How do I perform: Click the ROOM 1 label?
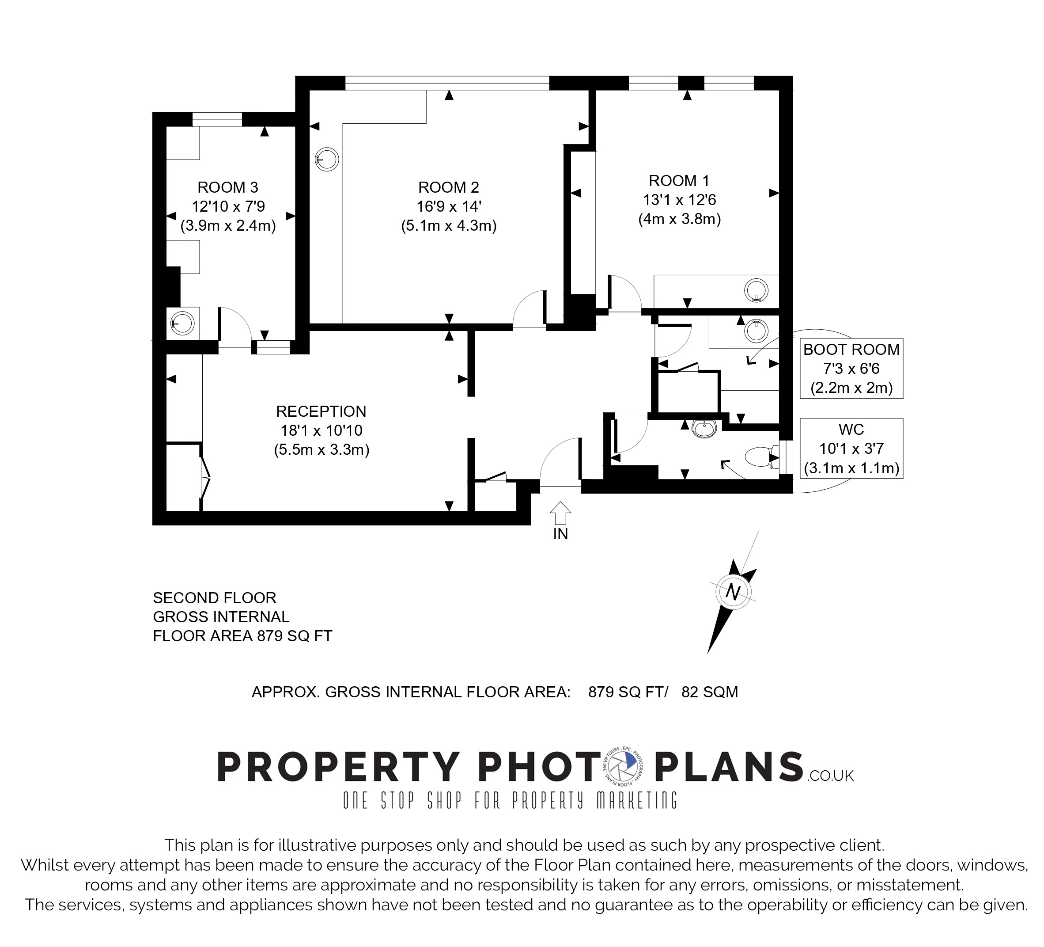point(679,181)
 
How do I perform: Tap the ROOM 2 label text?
point(448,187)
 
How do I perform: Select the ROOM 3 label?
point(228,187)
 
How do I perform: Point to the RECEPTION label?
point(321,411)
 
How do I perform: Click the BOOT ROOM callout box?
point(851,369)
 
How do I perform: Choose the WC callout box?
point(851,448)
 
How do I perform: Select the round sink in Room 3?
point(182,324)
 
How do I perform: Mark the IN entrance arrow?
point(561,513)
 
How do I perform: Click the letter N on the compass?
point(732,592)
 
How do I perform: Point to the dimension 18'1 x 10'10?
point(321,430)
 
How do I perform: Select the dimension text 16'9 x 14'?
point(448,206)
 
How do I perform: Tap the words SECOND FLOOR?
point(214,598)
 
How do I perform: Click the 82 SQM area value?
point(709,692)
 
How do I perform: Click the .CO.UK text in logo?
point(830,776)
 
